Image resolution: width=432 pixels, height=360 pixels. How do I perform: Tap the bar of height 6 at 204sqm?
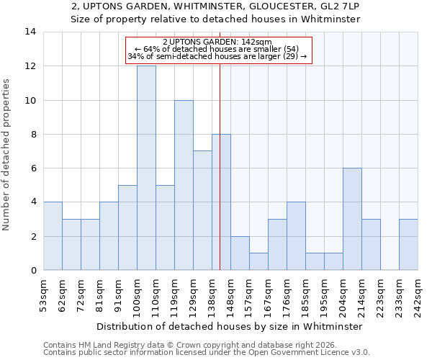pos(352,219)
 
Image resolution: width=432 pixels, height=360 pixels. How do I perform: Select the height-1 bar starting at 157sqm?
pos(258,261)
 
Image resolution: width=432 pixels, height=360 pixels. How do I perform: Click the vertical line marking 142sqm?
pos(220,166)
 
